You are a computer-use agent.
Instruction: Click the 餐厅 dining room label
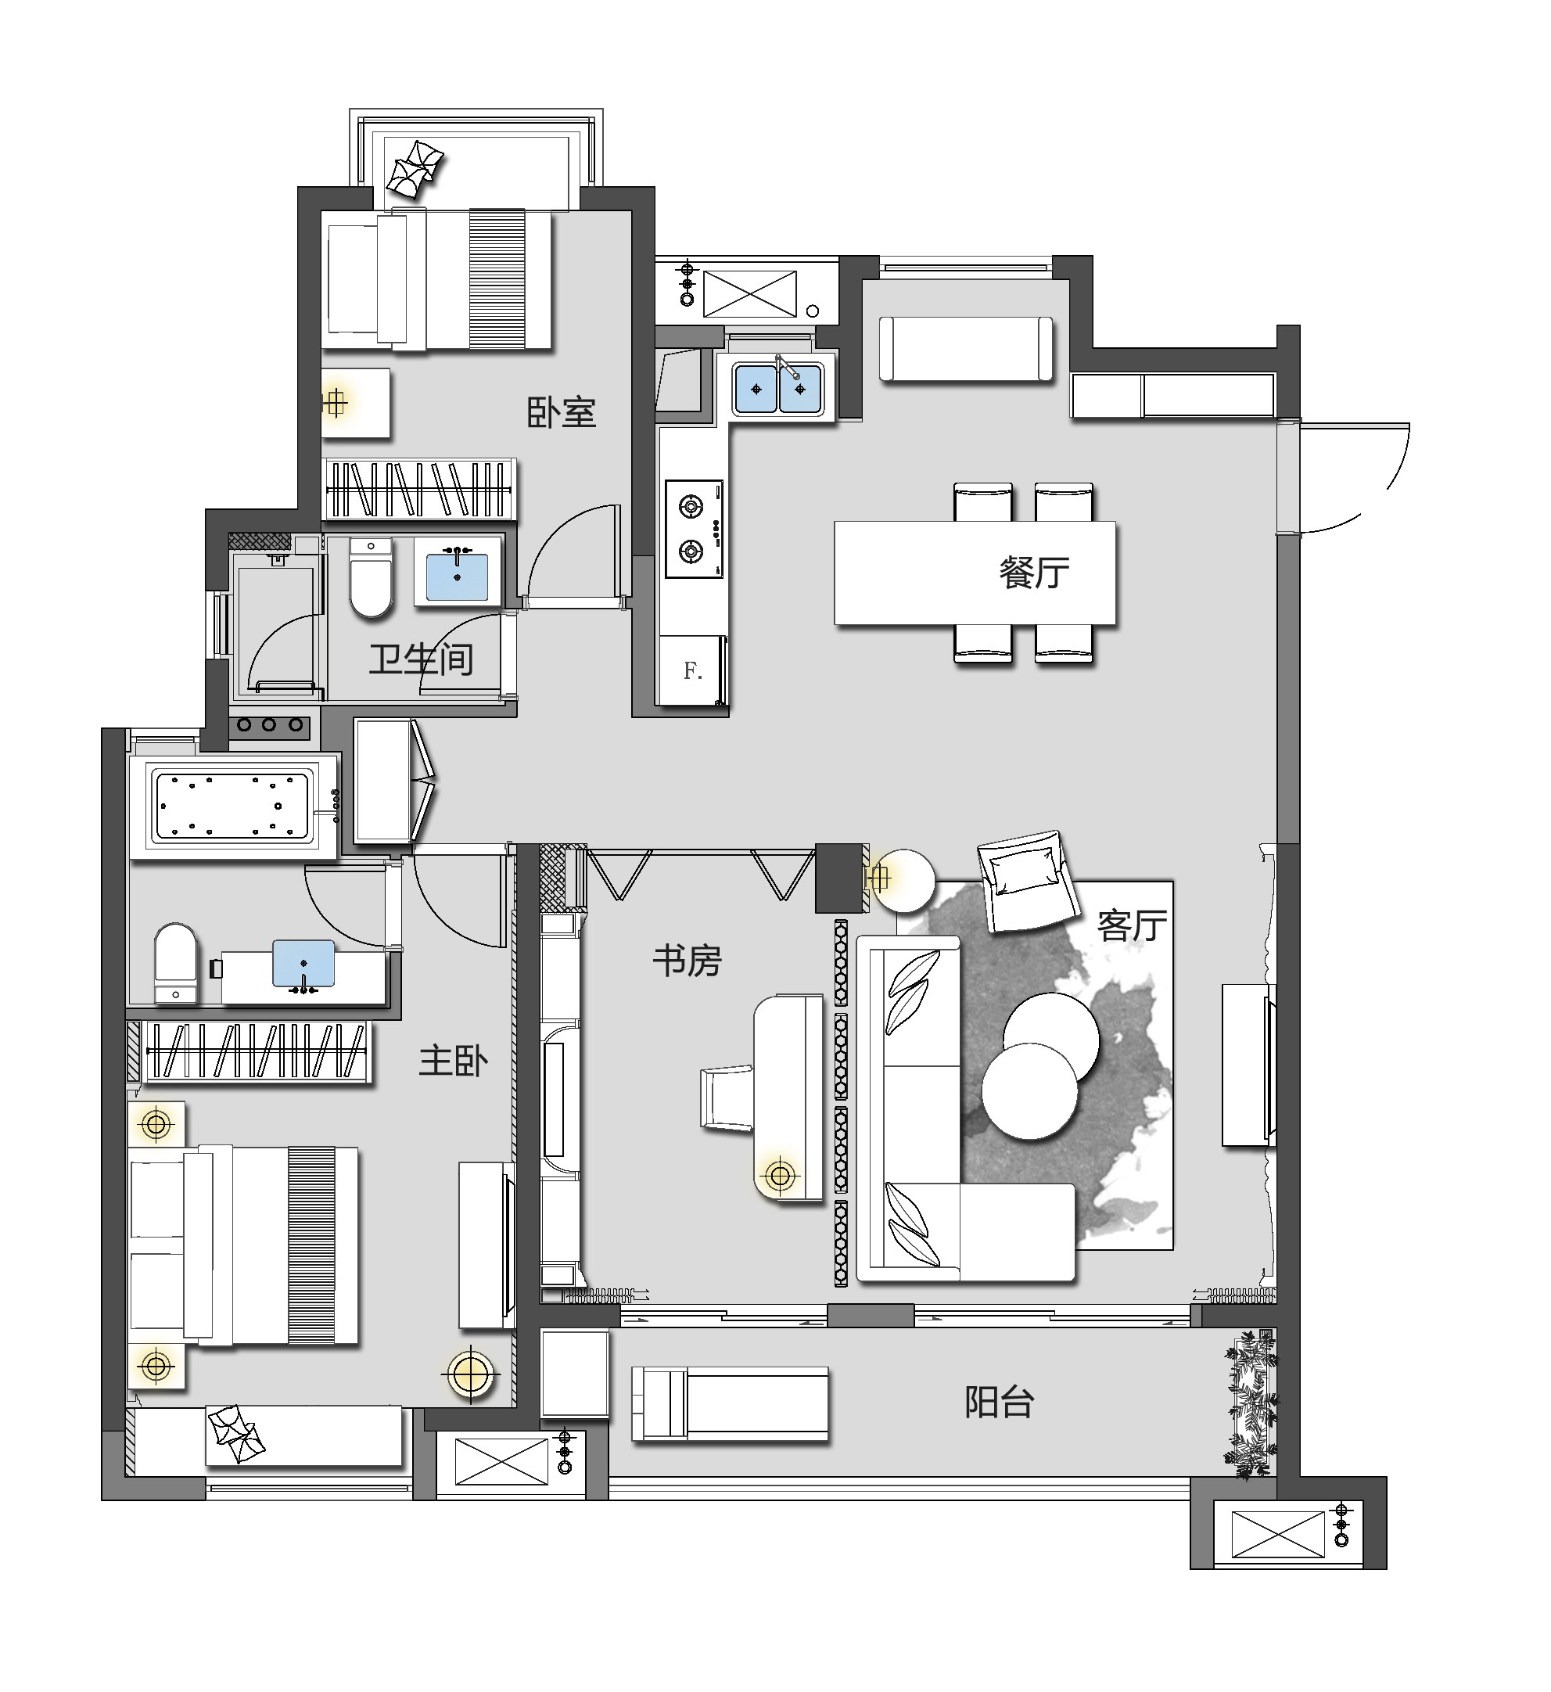pyautogui.click(x=1034, y=573)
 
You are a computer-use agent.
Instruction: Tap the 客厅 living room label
pyautogui.click(x=1133, y=925)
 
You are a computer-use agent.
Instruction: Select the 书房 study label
pyautogui.click(x=688, y=961)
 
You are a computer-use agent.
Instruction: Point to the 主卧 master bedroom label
pyautogui.click(x=453, y=1062)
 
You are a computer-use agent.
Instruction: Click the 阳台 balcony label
pyautogui.click(x=999, y=1402)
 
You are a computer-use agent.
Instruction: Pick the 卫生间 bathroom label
pyautogui.click(x=422, y=659)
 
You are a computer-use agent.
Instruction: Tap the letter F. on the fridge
pyautogui.click(x=692, y=670)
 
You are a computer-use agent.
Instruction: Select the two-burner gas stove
pyautogui.click(x=694, y=529)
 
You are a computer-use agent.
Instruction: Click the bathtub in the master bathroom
pyautogui.click(x=233, y=806)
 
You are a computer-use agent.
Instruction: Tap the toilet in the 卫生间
pyautogui.click(x=370, y=577)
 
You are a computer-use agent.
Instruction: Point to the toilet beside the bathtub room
pyautogui.click(x=176, y=964)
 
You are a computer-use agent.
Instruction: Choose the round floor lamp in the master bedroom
pyautogui.click(x=470, y=1374)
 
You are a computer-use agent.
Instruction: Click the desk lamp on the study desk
pyautogui.click(x=780, y=1176)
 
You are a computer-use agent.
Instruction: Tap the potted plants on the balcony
pyautogui.click(x=1251, y=1405)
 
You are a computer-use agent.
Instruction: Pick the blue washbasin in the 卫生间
pyautogui.click(x=458, y=577)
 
